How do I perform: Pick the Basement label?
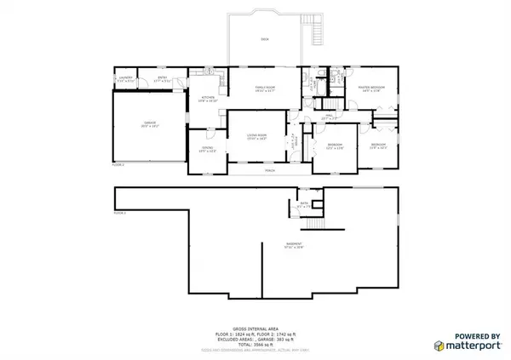(x=295, y=247)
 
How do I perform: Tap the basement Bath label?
(x=303, y=204)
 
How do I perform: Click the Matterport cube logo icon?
(x=439, y=346)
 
